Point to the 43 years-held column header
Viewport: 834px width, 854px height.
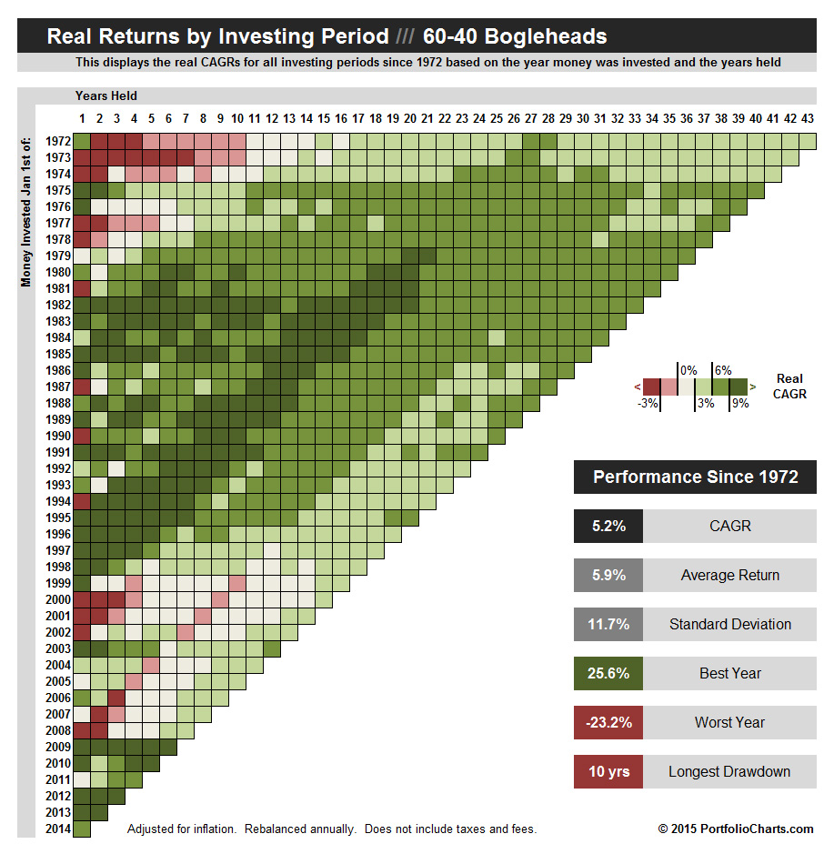[x=808, y=118]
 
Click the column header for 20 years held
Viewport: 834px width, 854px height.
[x=409, y=118]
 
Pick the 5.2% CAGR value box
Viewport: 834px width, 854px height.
[x=608, y=527]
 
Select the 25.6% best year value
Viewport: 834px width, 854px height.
[x=608, y=674]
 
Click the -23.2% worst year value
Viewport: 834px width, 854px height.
[x=608, y=723]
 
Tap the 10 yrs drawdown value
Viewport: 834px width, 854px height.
[x=608, y=772]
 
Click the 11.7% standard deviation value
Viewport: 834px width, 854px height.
[x=608, y=625]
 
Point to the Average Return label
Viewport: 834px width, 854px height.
[x=729, y=576]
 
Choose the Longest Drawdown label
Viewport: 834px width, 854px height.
[x=729, y=772]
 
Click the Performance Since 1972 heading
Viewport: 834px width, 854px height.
[x=695, y=477]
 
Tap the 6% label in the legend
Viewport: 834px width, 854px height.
[x=723, y=371]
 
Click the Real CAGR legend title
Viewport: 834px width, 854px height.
[x=790, y=387]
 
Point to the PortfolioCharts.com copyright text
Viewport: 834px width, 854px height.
[x=736, y=829]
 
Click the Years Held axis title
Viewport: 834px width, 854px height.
[x=106, y=95]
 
